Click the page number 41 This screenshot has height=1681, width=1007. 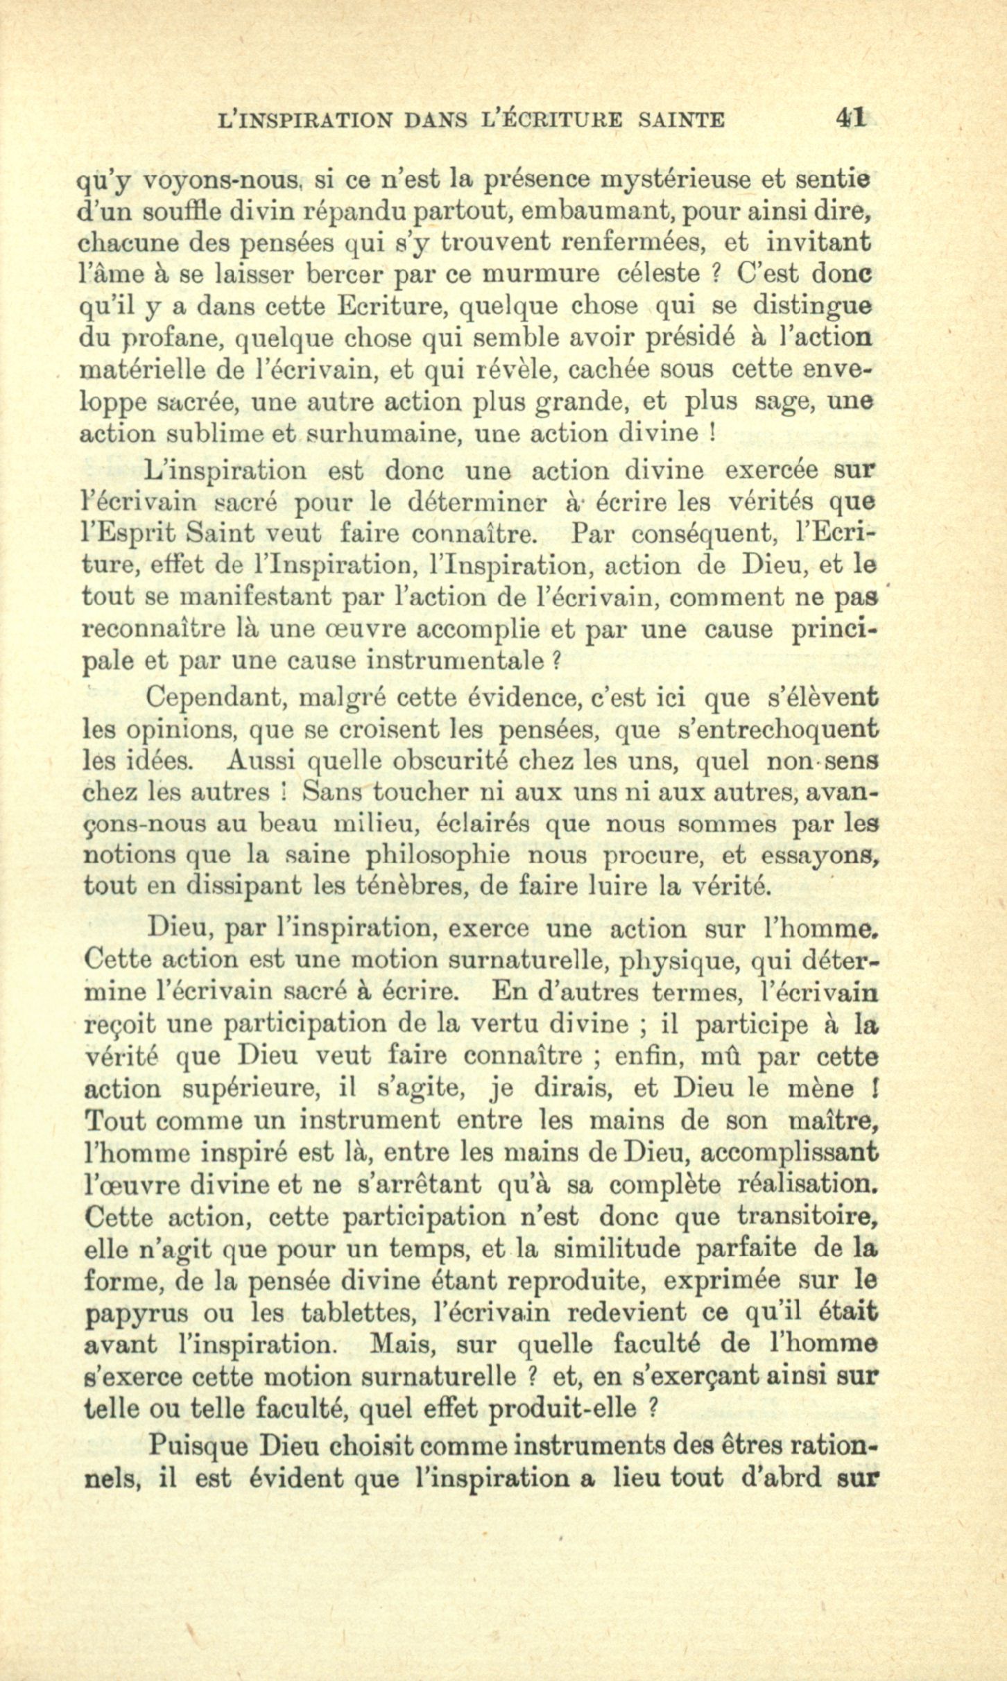pos(851,117)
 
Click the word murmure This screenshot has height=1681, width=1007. pos(540,275)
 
